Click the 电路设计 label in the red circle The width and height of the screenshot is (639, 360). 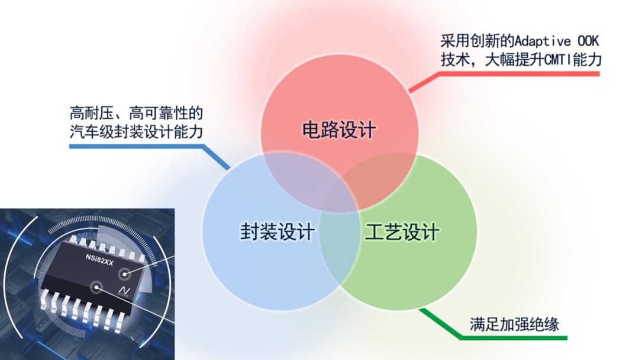(x=339, y=130)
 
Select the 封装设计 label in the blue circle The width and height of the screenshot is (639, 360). (x=277, y=232)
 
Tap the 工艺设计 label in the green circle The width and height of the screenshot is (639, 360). (x=402, y=232)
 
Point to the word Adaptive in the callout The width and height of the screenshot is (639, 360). (x=543, y=41)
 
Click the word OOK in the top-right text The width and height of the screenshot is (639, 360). (x=589, y=41)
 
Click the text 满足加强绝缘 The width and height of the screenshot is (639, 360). (x=514, y=324)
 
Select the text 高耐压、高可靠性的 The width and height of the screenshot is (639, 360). (x=136, y=113)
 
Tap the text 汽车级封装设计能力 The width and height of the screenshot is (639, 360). (x=136, y=131)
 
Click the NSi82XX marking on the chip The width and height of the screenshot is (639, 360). (x=99, y=260)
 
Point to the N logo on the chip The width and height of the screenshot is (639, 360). (x=124, y=291)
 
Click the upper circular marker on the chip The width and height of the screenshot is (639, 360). (x=124, y=274)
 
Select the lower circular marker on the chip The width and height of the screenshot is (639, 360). (x=96, y=287)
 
